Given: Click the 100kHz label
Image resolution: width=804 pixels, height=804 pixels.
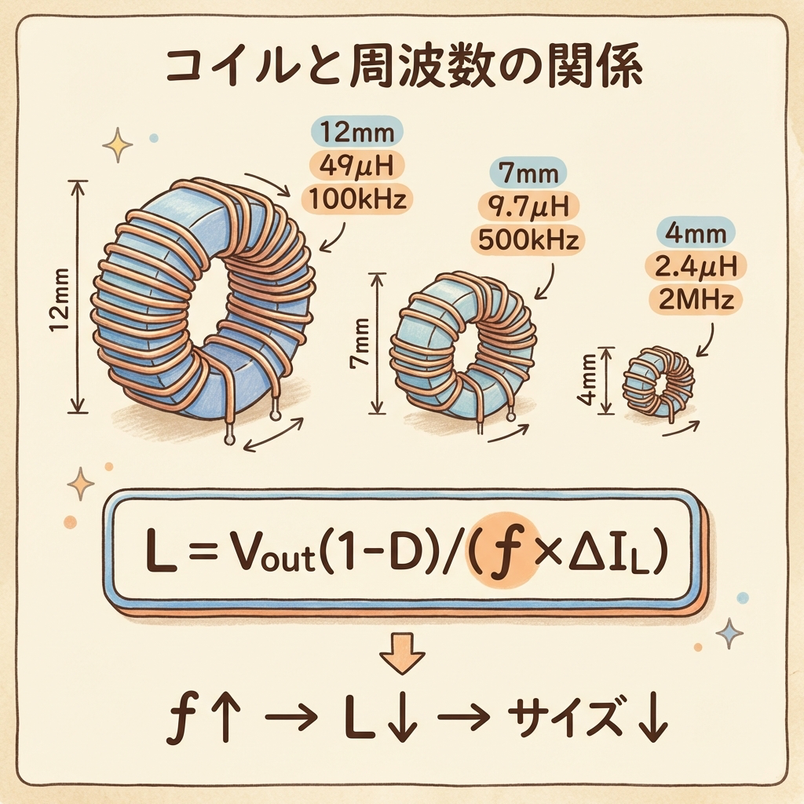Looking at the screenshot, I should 357,199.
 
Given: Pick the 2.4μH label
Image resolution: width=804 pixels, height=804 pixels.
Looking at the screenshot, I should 695,265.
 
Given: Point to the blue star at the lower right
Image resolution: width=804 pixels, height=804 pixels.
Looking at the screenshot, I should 729,631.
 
